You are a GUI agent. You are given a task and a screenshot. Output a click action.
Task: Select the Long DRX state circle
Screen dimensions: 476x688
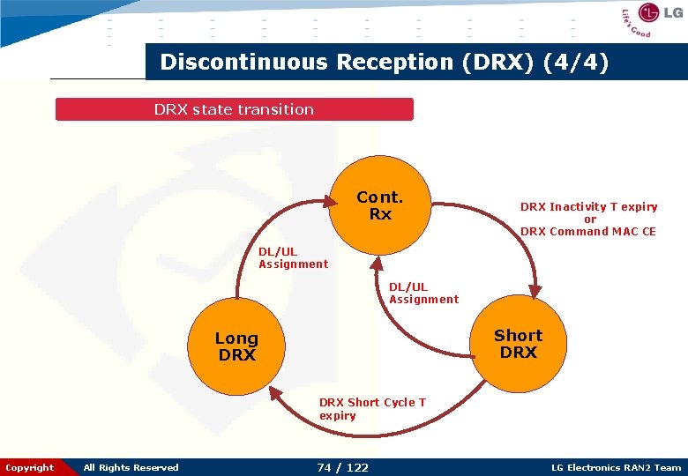[236, 346]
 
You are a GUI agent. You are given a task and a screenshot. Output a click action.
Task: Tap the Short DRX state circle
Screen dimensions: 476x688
[518, 344]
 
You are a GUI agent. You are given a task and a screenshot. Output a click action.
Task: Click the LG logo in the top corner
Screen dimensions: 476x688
[660, 13]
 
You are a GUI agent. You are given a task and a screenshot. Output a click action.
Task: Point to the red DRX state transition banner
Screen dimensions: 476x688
[234, 109]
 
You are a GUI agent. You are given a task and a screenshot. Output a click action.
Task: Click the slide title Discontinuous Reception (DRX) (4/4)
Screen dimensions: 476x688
[384, 63]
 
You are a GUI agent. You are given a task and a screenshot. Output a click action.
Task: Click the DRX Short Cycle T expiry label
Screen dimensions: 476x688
[372, 409]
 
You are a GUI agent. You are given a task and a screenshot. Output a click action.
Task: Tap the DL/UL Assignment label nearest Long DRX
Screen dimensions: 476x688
[293, 257]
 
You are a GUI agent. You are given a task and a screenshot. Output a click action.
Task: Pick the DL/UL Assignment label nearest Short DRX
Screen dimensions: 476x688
[423, 293]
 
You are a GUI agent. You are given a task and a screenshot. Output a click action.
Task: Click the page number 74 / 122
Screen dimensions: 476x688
[342, 467]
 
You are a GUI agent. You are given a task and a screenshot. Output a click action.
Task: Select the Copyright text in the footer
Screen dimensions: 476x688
[29, 467]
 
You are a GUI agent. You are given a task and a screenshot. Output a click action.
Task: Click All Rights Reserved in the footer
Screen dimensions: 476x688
[131, 467]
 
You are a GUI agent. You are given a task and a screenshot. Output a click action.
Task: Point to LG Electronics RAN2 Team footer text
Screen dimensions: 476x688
[616, 467]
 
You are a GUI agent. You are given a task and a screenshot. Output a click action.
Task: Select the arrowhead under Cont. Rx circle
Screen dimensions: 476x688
[378, 262]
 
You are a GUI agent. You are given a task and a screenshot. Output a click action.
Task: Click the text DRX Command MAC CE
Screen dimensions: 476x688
[588, 232]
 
